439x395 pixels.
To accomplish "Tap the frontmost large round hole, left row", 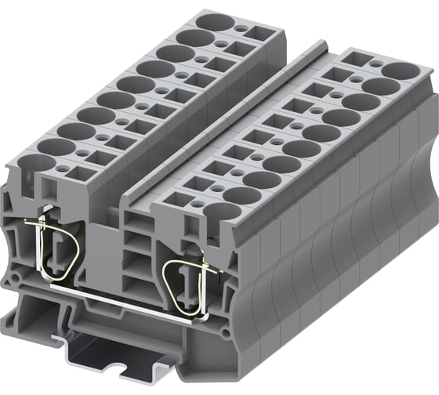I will [x=41, y=165].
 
